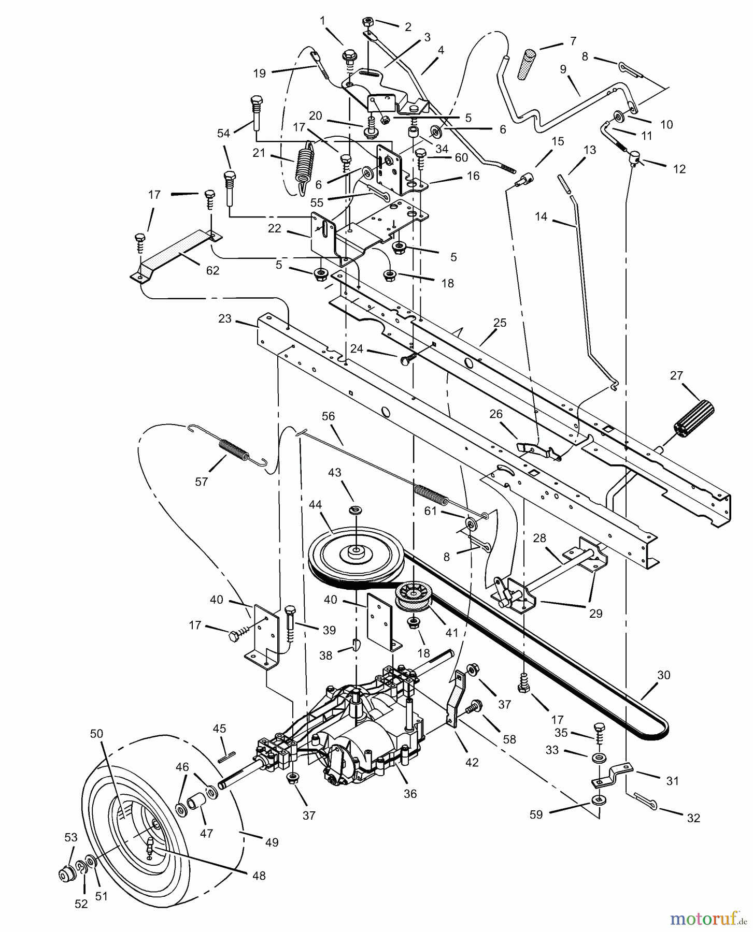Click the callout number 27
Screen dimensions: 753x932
point(676,375)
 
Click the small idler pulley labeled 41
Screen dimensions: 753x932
point(414,598)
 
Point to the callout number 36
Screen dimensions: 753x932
point(410,793)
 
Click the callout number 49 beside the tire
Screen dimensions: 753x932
point(271,842)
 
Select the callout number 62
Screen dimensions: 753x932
point(212,270)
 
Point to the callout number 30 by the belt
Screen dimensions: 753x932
point(663,675)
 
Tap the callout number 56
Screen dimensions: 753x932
point(328,416)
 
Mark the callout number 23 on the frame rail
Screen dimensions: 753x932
point(224,318)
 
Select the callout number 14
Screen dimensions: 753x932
point(541,216)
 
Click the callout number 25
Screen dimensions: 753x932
point(500,323)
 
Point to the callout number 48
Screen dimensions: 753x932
point(259,875)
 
